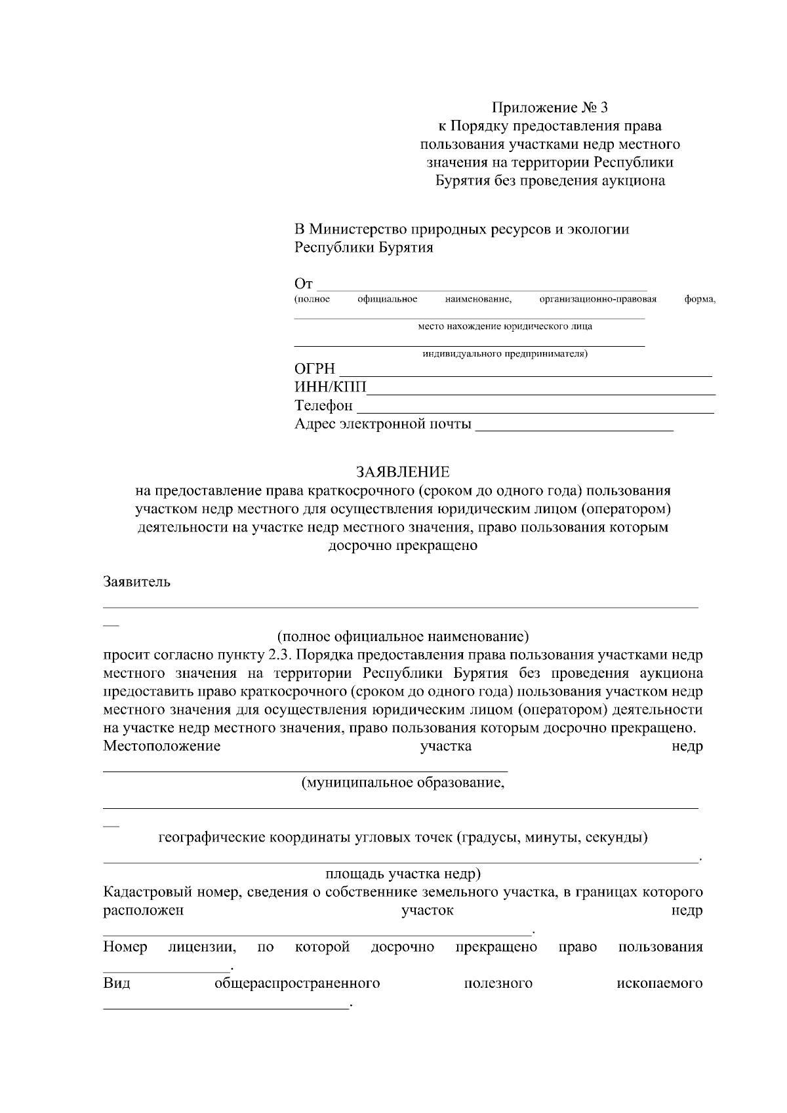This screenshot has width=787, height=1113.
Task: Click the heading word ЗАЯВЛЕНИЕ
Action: (403, 472)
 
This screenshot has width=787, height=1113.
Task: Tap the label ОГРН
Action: (315, 369)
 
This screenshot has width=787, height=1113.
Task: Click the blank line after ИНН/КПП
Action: (541, 392)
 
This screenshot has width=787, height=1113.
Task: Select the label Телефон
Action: (323, 406)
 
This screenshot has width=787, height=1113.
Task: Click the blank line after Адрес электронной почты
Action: (574, 429)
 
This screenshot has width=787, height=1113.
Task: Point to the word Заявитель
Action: (137, 581)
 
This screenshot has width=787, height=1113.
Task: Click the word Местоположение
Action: (162, 746)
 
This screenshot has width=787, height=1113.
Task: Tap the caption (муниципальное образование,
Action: (403, 783)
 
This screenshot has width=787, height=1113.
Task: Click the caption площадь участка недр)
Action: (403, 874)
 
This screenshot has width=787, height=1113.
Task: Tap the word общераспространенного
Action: (297, 984)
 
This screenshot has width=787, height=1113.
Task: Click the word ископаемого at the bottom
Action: (660, 984)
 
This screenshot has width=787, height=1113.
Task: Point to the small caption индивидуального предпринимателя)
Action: (505, 355)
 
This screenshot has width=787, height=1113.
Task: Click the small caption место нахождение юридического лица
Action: (505, 326)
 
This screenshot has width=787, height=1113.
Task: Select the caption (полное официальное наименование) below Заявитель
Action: (403, 636)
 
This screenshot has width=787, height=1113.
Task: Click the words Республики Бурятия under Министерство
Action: (364, 248)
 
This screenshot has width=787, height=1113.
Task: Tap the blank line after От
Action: (482, 287)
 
